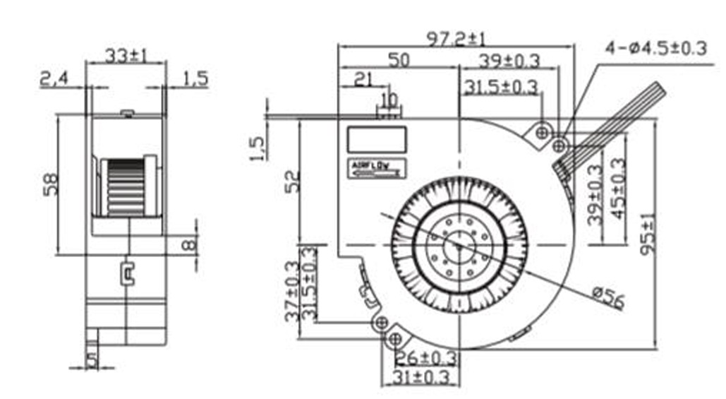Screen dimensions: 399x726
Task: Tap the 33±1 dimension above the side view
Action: point(126,55)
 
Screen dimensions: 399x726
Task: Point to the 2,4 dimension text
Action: point(54,79)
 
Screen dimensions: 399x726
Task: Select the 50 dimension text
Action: point(399,60)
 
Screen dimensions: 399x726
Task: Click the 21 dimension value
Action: point(363,79)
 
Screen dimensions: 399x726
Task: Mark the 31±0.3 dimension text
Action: point(416,378)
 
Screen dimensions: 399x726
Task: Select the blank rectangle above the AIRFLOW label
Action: point(377,138)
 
